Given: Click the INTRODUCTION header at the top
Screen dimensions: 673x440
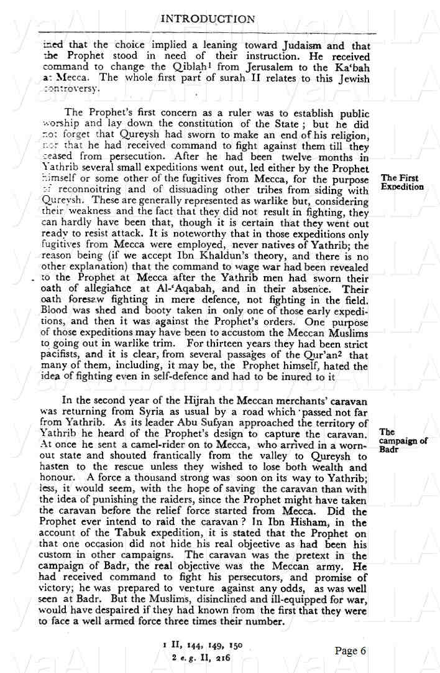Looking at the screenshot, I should [208, 19].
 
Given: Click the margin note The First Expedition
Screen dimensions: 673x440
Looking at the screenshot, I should [403, 182].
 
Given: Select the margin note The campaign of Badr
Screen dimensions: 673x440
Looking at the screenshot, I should [403, 441].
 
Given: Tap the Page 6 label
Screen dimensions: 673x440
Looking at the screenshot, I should [351, 651].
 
